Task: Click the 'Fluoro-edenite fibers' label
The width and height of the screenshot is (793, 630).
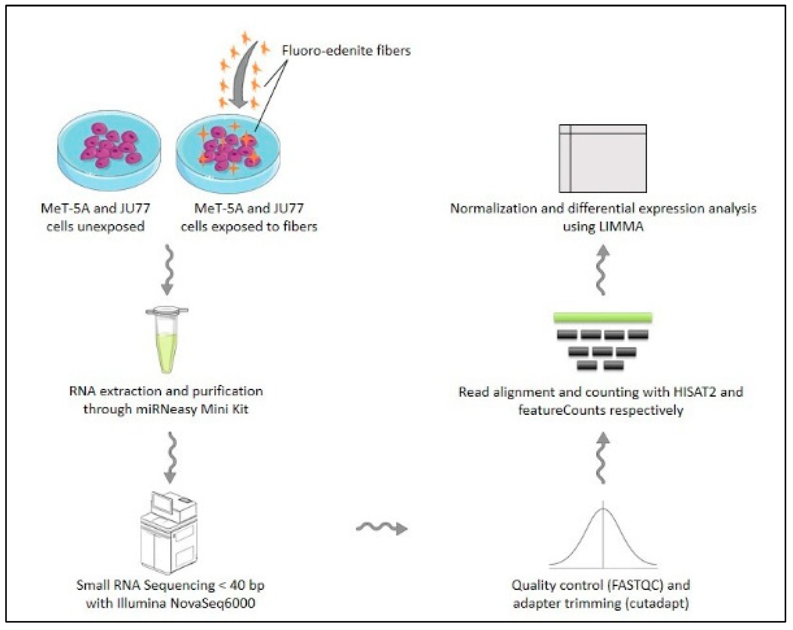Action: [346, 51]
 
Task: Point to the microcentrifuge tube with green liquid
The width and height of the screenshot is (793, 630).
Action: [167, 340]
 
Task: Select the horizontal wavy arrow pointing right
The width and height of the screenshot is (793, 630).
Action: [382, 528]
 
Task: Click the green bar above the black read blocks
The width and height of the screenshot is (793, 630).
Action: [602, 318]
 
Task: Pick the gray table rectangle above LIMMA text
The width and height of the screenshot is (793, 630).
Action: [602, 158]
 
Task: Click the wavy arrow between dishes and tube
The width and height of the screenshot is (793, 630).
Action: [168, 270]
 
